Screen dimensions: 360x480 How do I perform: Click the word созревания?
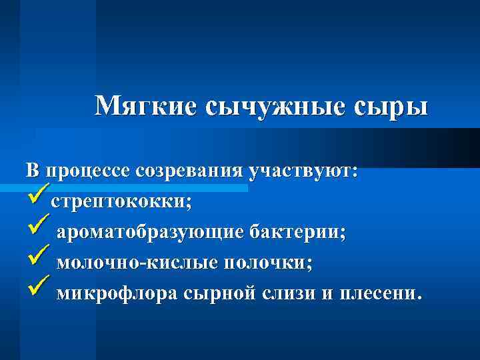(189, 171)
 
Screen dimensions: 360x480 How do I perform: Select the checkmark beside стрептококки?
(36, 198)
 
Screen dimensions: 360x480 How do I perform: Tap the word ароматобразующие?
(149, 233)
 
